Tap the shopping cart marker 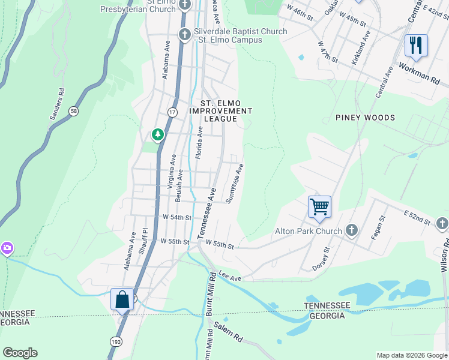319,207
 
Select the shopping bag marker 122,299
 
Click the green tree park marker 158,134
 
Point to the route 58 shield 73,111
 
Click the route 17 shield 173,112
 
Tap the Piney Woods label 365,118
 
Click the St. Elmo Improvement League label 218,111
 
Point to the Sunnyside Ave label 234,184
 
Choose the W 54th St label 176,217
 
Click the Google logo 20,353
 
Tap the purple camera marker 7,247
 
